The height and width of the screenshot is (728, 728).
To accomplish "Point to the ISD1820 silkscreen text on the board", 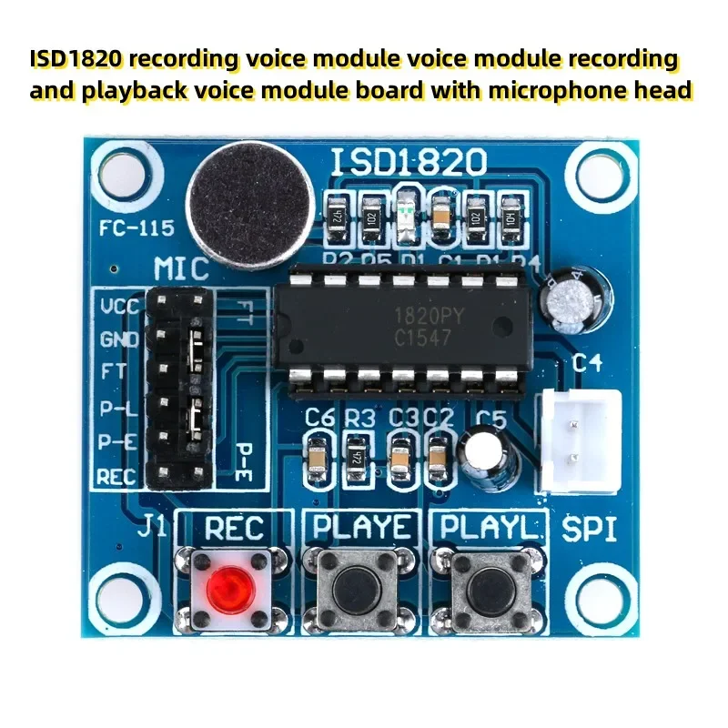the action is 409,163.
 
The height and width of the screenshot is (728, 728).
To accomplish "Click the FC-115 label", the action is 136,228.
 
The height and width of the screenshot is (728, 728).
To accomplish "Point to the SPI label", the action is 590,530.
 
